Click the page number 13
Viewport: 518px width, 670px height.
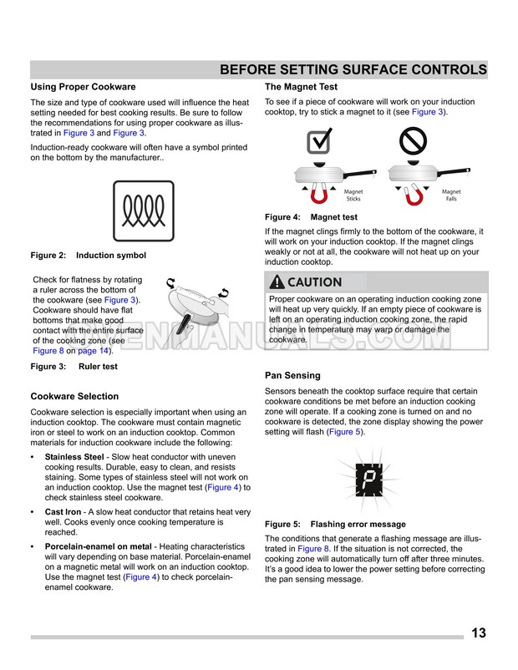coord(478,632)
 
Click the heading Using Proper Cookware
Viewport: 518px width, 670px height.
coord(83,87)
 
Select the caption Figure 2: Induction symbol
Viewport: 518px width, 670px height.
coord(88,255)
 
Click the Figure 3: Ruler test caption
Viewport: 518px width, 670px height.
coord(74,366)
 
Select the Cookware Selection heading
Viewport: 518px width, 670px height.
coord(74,396)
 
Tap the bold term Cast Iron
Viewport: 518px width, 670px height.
coord(63,511)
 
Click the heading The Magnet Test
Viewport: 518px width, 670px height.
coord(301,87)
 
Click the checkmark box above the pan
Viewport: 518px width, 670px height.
coord(319,144)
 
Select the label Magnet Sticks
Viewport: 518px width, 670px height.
coord(353,195)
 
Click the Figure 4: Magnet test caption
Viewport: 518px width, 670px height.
coord(311,217)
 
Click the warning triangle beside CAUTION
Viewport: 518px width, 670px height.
coord(277,282)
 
